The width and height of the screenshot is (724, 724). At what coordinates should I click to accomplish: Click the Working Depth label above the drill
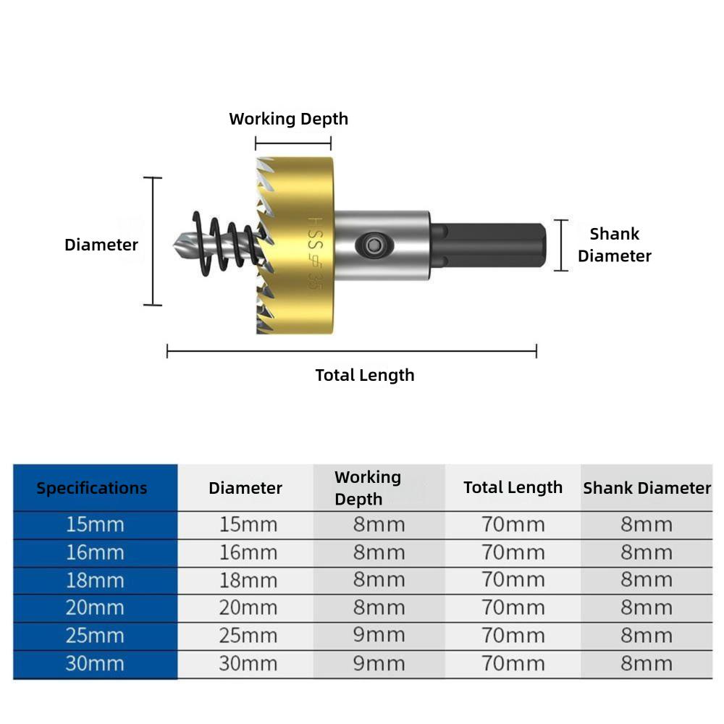288,119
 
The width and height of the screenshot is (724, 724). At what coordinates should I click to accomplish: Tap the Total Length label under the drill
365,375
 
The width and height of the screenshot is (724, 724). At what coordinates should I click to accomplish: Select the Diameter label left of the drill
101,245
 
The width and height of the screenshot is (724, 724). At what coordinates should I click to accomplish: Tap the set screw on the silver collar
374,245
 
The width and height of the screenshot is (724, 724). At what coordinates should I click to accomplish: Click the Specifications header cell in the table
92,488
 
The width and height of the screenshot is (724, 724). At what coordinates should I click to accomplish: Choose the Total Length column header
513,487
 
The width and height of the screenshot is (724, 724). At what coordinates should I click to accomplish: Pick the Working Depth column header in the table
368,488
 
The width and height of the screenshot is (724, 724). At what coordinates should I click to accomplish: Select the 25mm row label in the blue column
95,636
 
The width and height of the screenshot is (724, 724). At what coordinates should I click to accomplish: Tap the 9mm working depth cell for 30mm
379,663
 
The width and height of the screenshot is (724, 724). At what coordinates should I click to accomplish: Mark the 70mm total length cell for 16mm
513,552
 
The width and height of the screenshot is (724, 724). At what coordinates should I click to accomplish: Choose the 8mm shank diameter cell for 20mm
646,607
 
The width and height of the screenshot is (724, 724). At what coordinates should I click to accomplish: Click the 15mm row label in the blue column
95,524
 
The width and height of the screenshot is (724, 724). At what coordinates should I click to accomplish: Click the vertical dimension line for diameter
153,241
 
